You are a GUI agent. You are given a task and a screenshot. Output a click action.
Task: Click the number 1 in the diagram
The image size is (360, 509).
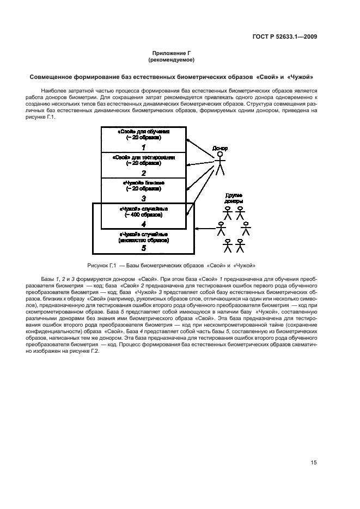point(144,147)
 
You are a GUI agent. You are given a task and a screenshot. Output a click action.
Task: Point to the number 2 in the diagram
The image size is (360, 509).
point(144,173)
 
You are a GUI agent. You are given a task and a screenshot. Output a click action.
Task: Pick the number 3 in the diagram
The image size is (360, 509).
point(144,199)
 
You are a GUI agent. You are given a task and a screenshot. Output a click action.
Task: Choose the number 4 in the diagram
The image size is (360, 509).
point(144,224)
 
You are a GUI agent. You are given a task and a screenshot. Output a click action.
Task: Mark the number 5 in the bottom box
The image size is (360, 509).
point(144,248)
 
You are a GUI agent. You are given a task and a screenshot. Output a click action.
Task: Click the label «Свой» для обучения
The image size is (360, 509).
point(144,132)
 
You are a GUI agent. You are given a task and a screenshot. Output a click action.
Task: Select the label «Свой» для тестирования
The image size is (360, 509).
point(144,157)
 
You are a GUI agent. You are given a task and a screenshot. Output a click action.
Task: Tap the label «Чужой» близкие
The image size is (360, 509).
point(144,183)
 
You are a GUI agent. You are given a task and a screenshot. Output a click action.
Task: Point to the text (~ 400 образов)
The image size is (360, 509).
point(144,215)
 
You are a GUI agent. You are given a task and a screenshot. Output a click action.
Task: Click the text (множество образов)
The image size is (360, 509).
point(144,240)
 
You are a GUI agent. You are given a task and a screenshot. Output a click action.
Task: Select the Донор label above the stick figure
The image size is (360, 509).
point(220,148)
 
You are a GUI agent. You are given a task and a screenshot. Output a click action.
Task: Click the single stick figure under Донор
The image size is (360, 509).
point(219,164)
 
